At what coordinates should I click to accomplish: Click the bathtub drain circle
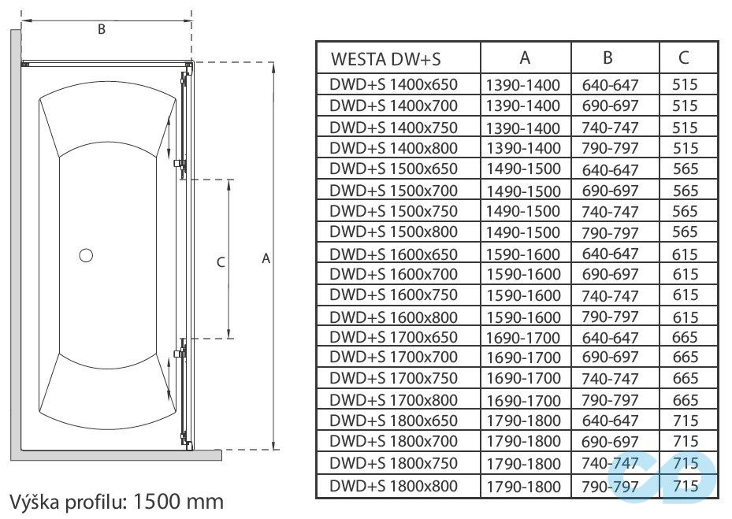coord(86,254)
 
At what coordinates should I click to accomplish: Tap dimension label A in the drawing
coord(266,258)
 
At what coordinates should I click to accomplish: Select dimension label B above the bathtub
coord(101,30)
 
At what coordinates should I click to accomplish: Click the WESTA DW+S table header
coord(385,59)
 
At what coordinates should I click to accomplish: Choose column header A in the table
coord(525,57)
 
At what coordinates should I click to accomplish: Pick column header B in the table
coord(608,57)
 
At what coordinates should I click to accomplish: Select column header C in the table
coord(684,57)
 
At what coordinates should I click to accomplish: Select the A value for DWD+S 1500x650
coord(523,169)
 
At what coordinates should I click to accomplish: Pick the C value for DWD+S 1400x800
coord(686,148)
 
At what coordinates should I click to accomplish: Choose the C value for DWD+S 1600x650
coord(686,254)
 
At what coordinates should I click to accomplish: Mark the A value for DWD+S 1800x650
coord(523,421)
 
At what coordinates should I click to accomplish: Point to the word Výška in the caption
coord(32,501)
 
